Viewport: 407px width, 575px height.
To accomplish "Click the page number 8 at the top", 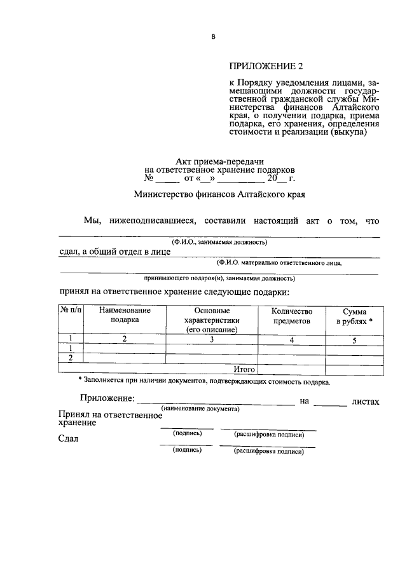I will click(214, 37).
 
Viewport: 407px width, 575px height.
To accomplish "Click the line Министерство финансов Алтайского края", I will click(219, 194).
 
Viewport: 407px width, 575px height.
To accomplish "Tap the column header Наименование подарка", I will click(125, 315).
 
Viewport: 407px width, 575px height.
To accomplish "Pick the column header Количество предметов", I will click(292, 316).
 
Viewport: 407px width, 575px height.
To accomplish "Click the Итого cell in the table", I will click(244, 369).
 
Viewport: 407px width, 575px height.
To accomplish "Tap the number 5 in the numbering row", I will click(355, 341).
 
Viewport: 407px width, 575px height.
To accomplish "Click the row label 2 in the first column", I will click(70, 358).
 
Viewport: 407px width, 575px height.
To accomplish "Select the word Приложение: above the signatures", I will click(107, 398).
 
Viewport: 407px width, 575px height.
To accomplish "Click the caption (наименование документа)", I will click(200, 409).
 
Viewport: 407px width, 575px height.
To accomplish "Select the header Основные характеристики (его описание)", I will click(212, 320).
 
